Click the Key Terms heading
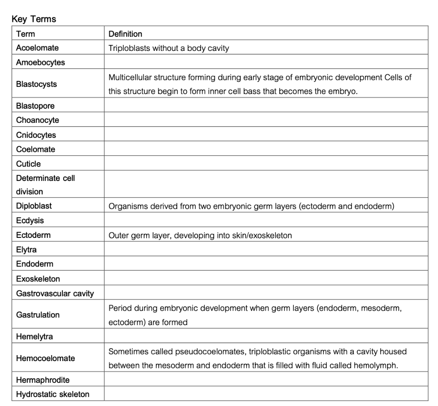click(34, 19)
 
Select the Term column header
click(26, 34)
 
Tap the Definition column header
click(125, 34)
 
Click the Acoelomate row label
click(38, 48)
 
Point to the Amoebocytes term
click(41, 62)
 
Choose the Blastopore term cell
click(36, 106)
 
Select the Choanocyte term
click(38, 120)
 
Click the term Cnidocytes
click(36, 135)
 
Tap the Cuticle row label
click(29, 164)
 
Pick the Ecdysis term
click(30, 221)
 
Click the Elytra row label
click(27, 249)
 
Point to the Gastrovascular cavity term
click(55, 293)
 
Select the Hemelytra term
click(35, 337)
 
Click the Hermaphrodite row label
click(43, 380)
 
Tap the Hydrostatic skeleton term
click(53, 394)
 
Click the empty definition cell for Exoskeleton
click(266, 279)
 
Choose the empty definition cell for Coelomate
click(266, 149)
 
